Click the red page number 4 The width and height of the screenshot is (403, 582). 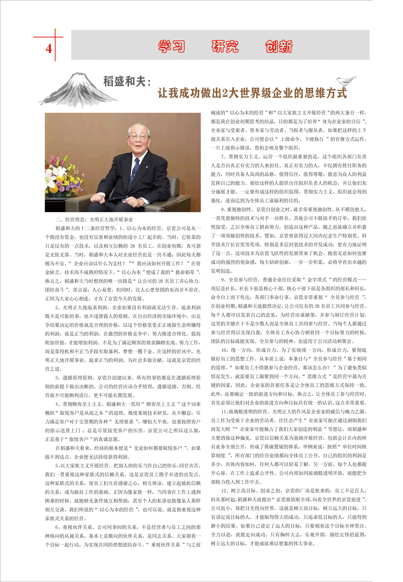click(x=49, y=48)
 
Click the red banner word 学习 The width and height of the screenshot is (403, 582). click(x=171, y=46)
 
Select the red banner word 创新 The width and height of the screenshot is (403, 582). click(x=279, y=46)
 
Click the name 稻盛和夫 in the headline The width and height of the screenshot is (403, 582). click(x=125, y=82)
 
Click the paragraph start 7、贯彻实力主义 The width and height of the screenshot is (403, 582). click(x=240, y=157)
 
